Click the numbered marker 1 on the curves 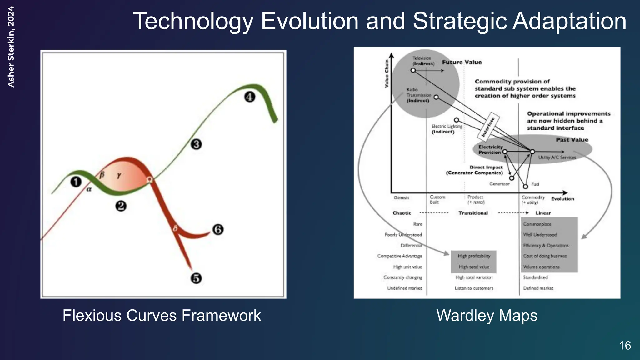click(76, 182)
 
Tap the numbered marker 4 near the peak click(249, 97)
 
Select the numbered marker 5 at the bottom click(196, 278)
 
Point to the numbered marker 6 click(218, 230)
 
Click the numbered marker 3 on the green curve click(196, 144)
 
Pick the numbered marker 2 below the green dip click(121, 206)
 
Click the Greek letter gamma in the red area click(119, 175)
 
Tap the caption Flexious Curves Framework click(162, 315)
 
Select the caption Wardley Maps click(487, 315)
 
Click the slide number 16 click(625, 346)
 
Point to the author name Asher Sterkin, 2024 click(11, 47)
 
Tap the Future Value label click(462, 62)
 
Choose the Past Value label click(572, 140)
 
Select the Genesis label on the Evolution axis click(401, 197)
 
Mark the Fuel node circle click(525, 187)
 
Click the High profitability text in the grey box click(474, 256)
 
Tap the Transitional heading click(473, 213)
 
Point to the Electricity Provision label click(490, 149)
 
